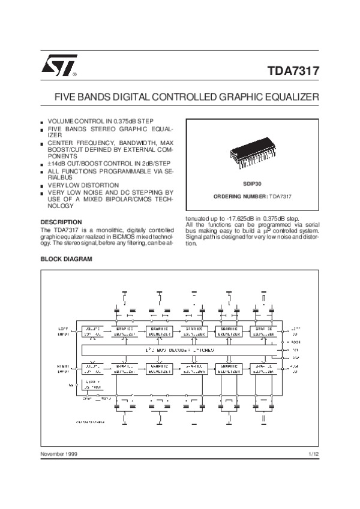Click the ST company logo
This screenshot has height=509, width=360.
click(58, 68)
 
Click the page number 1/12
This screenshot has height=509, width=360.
click(313, 454)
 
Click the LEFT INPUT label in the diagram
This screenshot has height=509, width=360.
click(64, 332)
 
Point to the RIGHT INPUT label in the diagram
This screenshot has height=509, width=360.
click(64, 368)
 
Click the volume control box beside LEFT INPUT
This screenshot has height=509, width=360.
click(92, 332)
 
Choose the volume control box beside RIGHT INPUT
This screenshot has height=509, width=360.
click(92, 368)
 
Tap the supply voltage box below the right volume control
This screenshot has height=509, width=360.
click(92, 384)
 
